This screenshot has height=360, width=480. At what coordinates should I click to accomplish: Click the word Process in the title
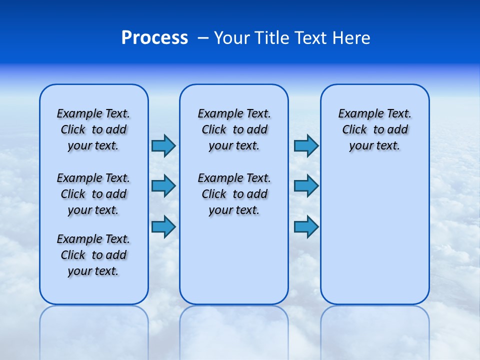tap(154, 38)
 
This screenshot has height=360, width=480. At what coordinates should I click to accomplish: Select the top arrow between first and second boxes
tap(163, 145)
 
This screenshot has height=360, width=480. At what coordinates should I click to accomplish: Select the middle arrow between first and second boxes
tap(163, 186)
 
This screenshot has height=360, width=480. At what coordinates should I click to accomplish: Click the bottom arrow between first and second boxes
tap(163, 226)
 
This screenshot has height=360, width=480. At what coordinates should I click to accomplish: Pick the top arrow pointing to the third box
tap(306, 145)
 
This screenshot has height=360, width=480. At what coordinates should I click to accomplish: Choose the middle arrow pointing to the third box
tap(306, 186)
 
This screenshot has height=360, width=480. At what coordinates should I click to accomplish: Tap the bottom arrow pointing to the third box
tap(306, 226)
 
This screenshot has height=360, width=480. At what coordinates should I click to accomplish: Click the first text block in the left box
tap(93, 129)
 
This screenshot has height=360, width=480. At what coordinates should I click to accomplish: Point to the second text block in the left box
tap(93, 194)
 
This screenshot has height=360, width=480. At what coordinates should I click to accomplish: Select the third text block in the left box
tap(93, 255)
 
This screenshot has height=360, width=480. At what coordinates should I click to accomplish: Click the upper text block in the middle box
tap(234, 129)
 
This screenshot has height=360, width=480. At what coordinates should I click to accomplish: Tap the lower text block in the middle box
tap(234, 194)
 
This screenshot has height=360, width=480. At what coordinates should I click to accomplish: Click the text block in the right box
tap(374, 129)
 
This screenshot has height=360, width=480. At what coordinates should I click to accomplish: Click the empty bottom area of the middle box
tap(234, 265)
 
